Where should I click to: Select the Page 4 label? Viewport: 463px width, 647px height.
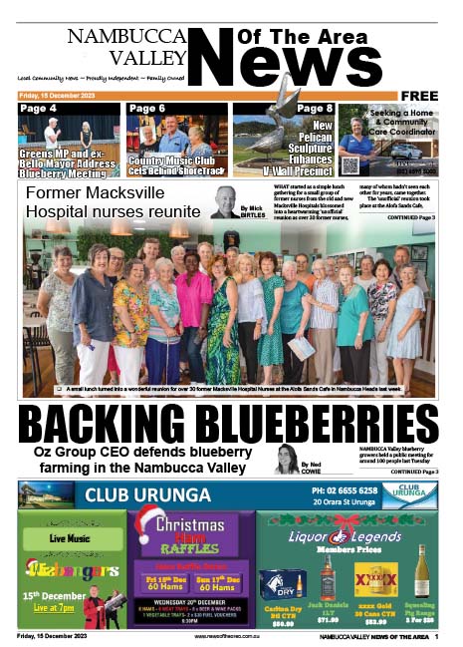pyautogui.click(x=38, y=108)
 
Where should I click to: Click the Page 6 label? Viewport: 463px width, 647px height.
pyautogui.click(x=146, y=108)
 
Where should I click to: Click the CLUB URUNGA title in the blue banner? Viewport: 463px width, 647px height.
pyautogui.click(x=148, y=494)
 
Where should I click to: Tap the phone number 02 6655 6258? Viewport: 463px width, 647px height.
pyautogui.click(x=344, y=490)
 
